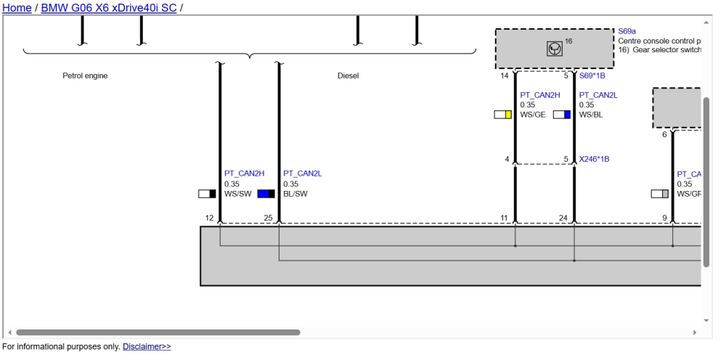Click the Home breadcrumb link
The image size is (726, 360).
17,7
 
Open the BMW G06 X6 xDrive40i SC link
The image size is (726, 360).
109,7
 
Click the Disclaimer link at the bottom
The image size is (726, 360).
147,346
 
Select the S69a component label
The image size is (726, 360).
627,31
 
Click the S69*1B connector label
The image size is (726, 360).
592,75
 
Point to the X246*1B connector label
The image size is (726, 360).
594,159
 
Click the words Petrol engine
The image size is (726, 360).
85,75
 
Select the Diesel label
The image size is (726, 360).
348,75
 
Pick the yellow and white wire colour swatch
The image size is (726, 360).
502,115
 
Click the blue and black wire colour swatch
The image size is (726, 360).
266,193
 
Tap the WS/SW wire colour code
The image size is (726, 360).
238,194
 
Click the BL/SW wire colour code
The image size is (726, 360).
295,194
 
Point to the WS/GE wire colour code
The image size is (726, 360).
533,115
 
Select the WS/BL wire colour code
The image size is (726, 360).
591,115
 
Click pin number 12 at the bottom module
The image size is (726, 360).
209,218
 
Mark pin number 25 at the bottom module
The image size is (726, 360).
268,218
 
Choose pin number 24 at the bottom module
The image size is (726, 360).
563,218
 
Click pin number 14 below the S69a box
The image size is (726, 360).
505,75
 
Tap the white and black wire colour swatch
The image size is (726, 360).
207,193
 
